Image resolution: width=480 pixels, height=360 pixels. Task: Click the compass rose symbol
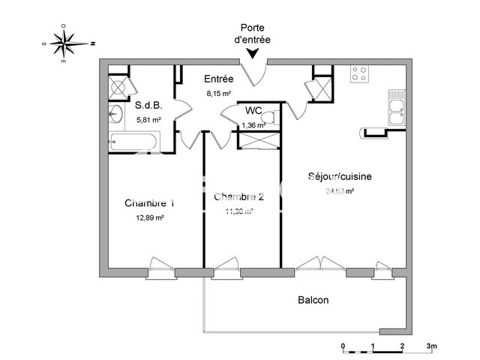[x=67, y=43]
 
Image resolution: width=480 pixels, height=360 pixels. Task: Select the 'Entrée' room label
[x=218, y=79]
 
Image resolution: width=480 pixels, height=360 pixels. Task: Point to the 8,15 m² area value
[x=218, y=94]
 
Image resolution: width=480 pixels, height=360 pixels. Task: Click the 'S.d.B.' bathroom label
[x=148, y=106]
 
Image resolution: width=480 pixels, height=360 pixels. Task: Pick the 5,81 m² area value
[x=148, y=119]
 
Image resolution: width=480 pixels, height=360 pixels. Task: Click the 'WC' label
[x=253, y=111]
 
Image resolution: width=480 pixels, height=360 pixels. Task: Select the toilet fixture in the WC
[x=275, y=116]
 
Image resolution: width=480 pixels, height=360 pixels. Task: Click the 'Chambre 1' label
[x=150, y=203]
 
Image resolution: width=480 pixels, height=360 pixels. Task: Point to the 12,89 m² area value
[x=150, y=217]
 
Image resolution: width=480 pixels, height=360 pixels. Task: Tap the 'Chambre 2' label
[x=238, y=197]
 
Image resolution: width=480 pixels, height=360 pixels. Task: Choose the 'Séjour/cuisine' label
[x=340, y=177]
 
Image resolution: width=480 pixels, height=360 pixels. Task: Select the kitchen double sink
[x=395, y=109]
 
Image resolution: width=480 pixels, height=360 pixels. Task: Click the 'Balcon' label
[x=313, y=300]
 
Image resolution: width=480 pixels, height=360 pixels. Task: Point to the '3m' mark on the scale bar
[x=432, y=346]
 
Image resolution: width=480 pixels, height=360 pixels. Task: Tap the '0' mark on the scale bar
[x=343, y=346]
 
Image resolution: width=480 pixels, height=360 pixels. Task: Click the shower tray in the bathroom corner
[x=118, y=86]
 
